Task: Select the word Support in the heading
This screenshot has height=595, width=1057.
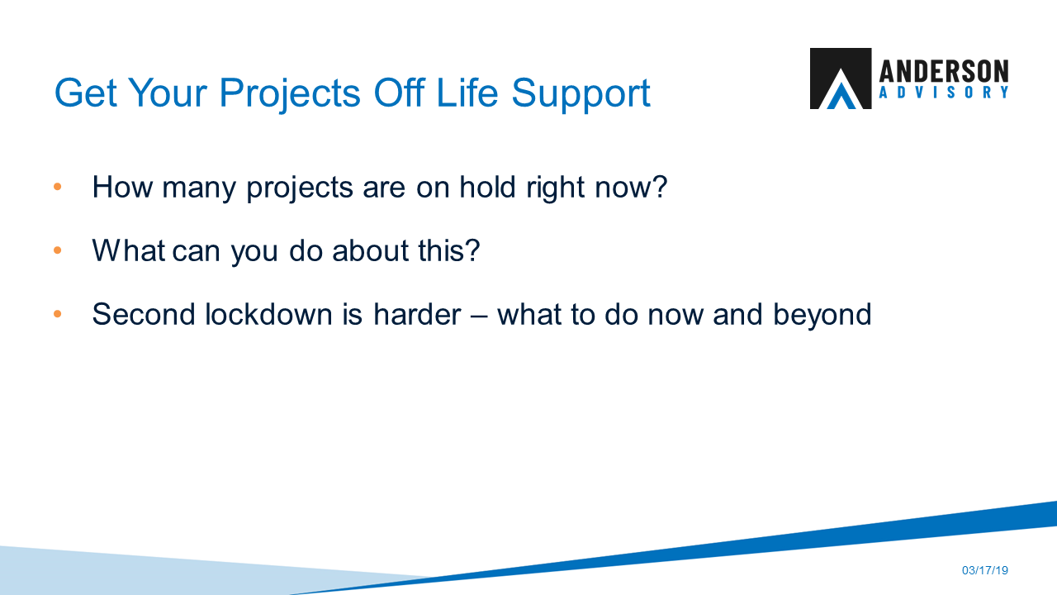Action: (x=581, y=93)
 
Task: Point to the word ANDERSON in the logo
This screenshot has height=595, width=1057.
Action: (x=944, y=71)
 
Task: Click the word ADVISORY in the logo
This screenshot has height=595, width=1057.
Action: (x=944, y=93)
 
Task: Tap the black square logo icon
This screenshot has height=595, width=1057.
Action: (x=840, y=79)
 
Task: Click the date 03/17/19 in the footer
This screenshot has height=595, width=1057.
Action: (x=985, y=571)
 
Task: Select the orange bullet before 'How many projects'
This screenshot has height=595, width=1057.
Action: (x=58, y=187)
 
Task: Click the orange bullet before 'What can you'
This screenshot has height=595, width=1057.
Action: (x=58, y=250)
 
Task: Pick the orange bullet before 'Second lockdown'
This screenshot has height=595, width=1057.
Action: (x=58, y=314)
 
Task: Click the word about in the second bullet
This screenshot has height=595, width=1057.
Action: (x=366, y=250)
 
